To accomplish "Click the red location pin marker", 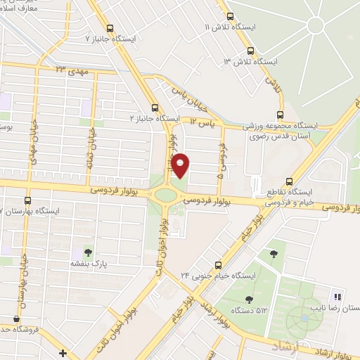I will (x=181, y=165).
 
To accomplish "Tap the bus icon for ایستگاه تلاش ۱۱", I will (x=230, y=15).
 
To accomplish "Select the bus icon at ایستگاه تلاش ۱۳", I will (x=251, y=51).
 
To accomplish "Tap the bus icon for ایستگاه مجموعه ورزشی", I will (x=281, y=115).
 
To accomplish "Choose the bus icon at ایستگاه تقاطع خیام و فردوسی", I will (x=290, y=181).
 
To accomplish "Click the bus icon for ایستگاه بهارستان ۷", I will (x=27, y=200).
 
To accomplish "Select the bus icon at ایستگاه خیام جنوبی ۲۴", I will (x=218, y=265).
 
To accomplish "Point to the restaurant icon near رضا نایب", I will (x=337, y=297).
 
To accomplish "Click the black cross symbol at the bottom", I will (x=63, y=353).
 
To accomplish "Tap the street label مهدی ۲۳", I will (x=70, y=69).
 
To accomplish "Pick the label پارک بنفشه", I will (x=83, y=264).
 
